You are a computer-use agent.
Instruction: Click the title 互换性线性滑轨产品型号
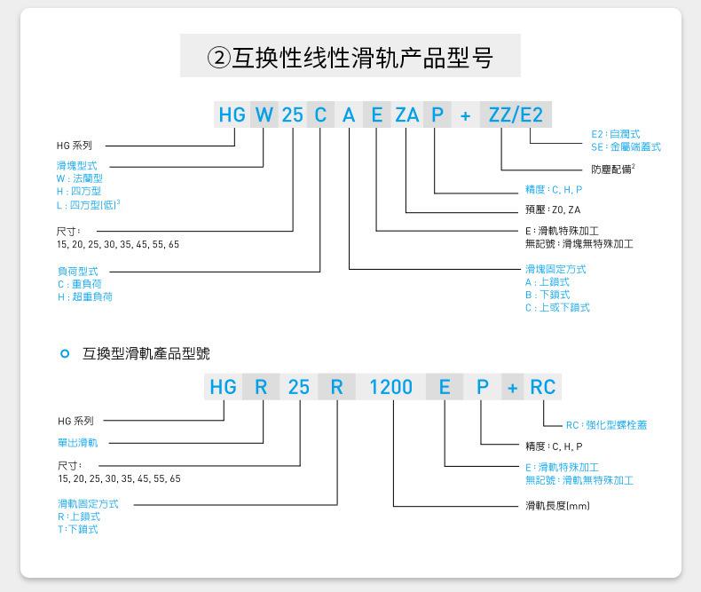pos(350,58)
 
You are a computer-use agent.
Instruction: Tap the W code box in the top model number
pos(264,114)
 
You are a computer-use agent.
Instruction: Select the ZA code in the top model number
pos(406,114)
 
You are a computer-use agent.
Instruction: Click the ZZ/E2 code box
pos(516,114)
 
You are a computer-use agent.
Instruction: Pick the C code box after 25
pos(320,114)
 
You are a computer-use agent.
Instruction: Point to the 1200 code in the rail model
pos(390,387)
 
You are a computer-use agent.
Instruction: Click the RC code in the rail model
pos(542,387)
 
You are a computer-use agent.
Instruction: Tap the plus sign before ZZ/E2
pos(465,114)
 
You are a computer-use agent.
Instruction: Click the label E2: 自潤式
pos(615,134)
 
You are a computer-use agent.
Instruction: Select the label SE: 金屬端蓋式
pos(626,147)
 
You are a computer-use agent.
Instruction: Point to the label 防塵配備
pos(612,169)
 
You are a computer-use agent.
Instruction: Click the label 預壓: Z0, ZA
pos(553,210)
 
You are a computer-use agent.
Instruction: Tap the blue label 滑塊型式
pos(77,166)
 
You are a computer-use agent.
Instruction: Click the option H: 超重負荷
pos(85,297)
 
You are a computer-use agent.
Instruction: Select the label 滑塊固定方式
pos(555,269)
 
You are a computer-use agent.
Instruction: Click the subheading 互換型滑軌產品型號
pos(146,353)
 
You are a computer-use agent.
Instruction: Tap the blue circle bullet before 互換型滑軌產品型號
pos(64,354)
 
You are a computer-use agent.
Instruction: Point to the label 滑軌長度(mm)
pos(557,506)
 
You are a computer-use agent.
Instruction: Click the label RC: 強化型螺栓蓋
pos(606,425)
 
